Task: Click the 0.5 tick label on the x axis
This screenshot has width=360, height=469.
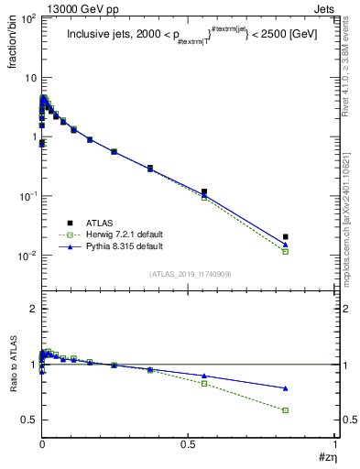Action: (x=188, y=445)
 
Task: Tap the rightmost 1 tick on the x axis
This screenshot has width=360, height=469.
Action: (x=334, y=445)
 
